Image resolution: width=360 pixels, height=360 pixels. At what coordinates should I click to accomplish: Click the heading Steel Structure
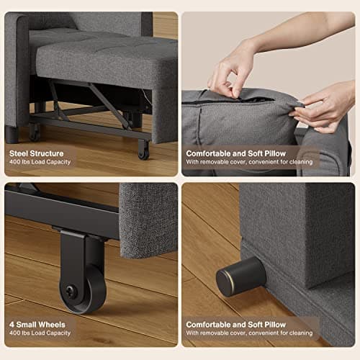(36, 153)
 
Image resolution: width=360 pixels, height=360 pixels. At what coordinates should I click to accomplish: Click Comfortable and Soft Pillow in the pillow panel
(237, 153)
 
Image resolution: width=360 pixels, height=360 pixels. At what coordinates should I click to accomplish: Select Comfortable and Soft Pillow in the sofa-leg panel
(237, 324)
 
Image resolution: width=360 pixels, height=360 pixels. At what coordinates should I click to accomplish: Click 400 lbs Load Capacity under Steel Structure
(41, 163)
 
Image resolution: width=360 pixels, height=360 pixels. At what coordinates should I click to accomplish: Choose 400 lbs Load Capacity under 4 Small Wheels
(41, 333)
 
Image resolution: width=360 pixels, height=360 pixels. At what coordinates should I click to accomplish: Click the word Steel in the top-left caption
(20, 153)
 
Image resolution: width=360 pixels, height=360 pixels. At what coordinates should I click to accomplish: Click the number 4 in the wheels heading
(11, 324)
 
